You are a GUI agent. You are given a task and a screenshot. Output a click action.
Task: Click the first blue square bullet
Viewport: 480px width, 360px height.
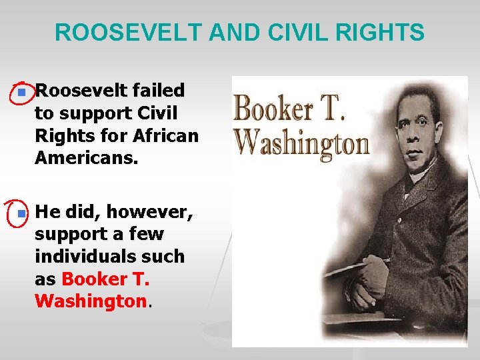[x=22, y=91]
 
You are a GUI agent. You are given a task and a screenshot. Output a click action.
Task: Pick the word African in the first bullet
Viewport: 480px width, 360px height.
[x=165, y=137]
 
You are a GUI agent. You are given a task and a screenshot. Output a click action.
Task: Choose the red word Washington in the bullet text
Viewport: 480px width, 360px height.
[x=90, y=301]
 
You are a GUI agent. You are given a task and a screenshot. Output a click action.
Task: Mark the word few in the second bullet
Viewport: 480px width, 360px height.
[x=147, y=235]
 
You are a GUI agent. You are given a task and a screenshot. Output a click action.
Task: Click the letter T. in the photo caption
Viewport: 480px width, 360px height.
[x=333, y=109]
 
